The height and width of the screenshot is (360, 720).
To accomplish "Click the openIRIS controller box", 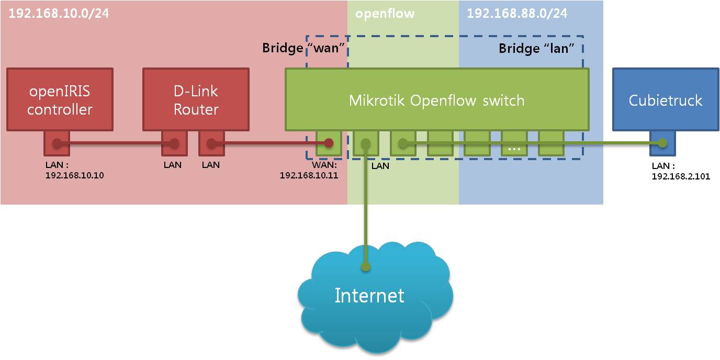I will click(x=60, y=99).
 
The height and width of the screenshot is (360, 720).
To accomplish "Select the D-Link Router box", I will click(x=196, y=99).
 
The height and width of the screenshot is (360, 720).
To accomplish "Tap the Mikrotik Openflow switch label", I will click(x=436, y=100).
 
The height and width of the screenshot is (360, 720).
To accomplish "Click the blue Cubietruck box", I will click(x=665, y=99).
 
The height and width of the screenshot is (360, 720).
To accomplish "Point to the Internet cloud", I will click(x=369, y=296).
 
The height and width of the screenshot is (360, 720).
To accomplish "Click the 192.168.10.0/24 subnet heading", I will click(x=59, y=13).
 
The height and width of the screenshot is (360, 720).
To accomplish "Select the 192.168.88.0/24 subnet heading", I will click(x=516, y=13).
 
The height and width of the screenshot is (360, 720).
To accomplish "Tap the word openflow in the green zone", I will click(x=385, y=14).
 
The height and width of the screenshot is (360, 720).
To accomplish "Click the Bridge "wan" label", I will click(x=305, y=49).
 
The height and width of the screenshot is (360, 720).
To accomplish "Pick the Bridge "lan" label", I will click(x=536, y=49).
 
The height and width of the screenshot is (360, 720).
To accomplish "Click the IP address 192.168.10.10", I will click(x=74, y=175).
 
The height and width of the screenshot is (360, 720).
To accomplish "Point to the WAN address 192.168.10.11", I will click(x=309, y=175).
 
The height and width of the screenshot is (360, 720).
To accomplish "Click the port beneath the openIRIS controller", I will click(x=57, y=143).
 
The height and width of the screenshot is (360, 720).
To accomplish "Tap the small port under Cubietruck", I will click(x=662, y=143).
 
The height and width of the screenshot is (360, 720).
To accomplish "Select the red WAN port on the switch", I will click(x=329, y=143).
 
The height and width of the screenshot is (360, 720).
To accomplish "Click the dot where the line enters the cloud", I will click(x=366, y=267).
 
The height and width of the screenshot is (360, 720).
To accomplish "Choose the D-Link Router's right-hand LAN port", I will click(x=211, y=143).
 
